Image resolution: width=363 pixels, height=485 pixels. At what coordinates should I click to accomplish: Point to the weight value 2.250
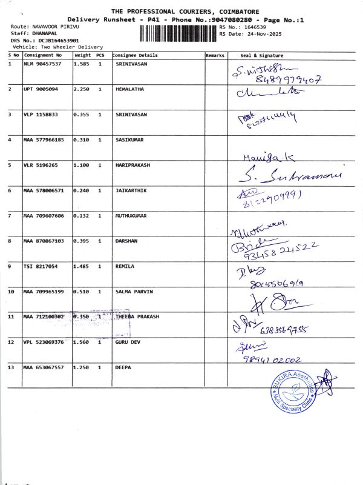[81, 89]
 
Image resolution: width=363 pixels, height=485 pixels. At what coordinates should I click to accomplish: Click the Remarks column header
[215, 55]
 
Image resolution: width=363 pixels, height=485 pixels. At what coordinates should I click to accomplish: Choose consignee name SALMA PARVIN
[134, 292]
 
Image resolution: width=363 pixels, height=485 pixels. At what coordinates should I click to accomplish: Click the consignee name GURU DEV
[128, 342]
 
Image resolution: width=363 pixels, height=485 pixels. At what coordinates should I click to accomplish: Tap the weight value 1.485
[81, 266]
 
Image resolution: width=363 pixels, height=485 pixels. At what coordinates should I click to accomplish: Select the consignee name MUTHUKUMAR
[130, 215]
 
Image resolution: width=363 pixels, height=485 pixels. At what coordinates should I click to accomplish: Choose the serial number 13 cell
[11, 367]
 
